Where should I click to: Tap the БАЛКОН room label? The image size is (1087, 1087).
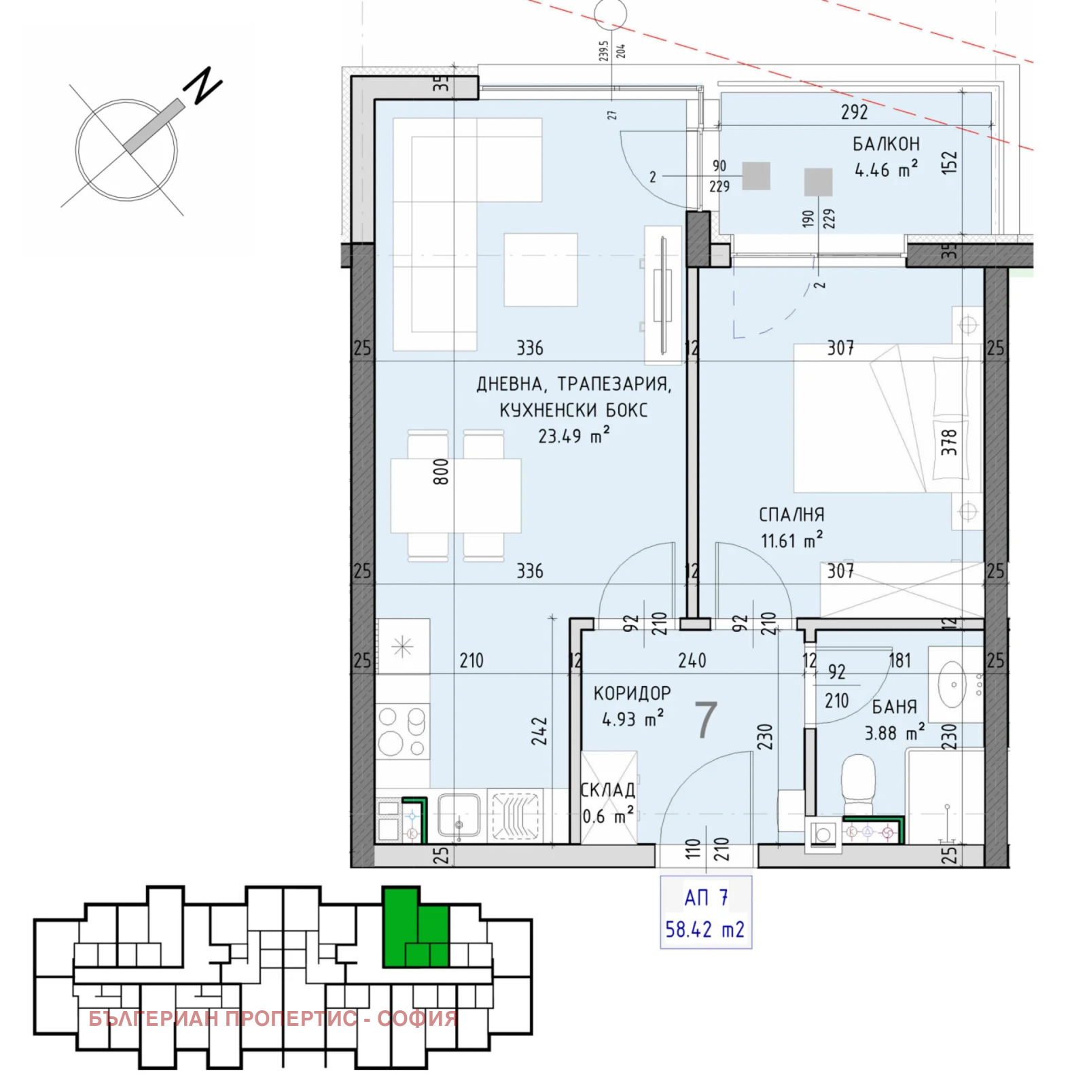pyautogui.click(x=886, y=144)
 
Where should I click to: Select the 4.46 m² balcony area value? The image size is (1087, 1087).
pyautogui.click(x=886, y=169)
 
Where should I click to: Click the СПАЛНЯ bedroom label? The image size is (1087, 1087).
pyautogui.click(x=791, y=515)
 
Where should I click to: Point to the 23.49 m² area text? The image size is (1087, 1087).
pyautogui.click(x=573, y=435)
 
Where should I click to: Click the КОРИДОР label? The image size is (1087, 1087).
pyautogui.click(x=632, y=693)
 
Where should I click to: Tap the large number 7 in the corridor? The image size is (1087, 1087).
pyautogui.click(x=706, y=719)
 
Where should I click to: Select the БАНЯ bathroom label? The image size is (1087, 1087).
pyautogui.click(x=894, y=707)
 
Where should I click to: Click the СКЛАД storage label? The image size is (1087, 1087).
pyautogui.click(x=608, y=789)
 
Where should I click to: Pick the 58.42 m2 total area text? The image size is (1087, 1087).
pyautogui.click(x=705, y=929)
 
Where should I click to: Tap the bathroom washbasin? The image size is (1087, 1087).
pyautogui.click(x=953, y=684)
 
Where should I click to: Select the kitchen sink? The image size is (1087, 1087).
pyautogui.click(x=459, y=815)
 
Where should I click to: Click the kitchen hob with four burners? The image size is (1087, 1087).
pyautogui.click(x=402, y=732)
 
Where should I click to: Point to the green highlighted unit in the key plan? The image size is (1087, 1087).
pyautogui.click(x=415, y=927)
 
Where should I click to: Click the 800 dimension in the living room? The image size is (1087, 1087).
pyautogui.click(x=441, y=471)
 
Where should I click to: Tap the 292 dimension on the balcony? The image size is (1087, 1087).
pyautogui.click(x=854, y=112)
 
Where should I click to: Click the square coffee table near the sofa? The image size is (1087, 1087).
pyautogui.click(x=541, y=270)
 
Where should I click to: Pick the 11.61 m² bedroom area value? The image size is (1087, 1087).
pyautogui.click(x=791, y=540)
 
